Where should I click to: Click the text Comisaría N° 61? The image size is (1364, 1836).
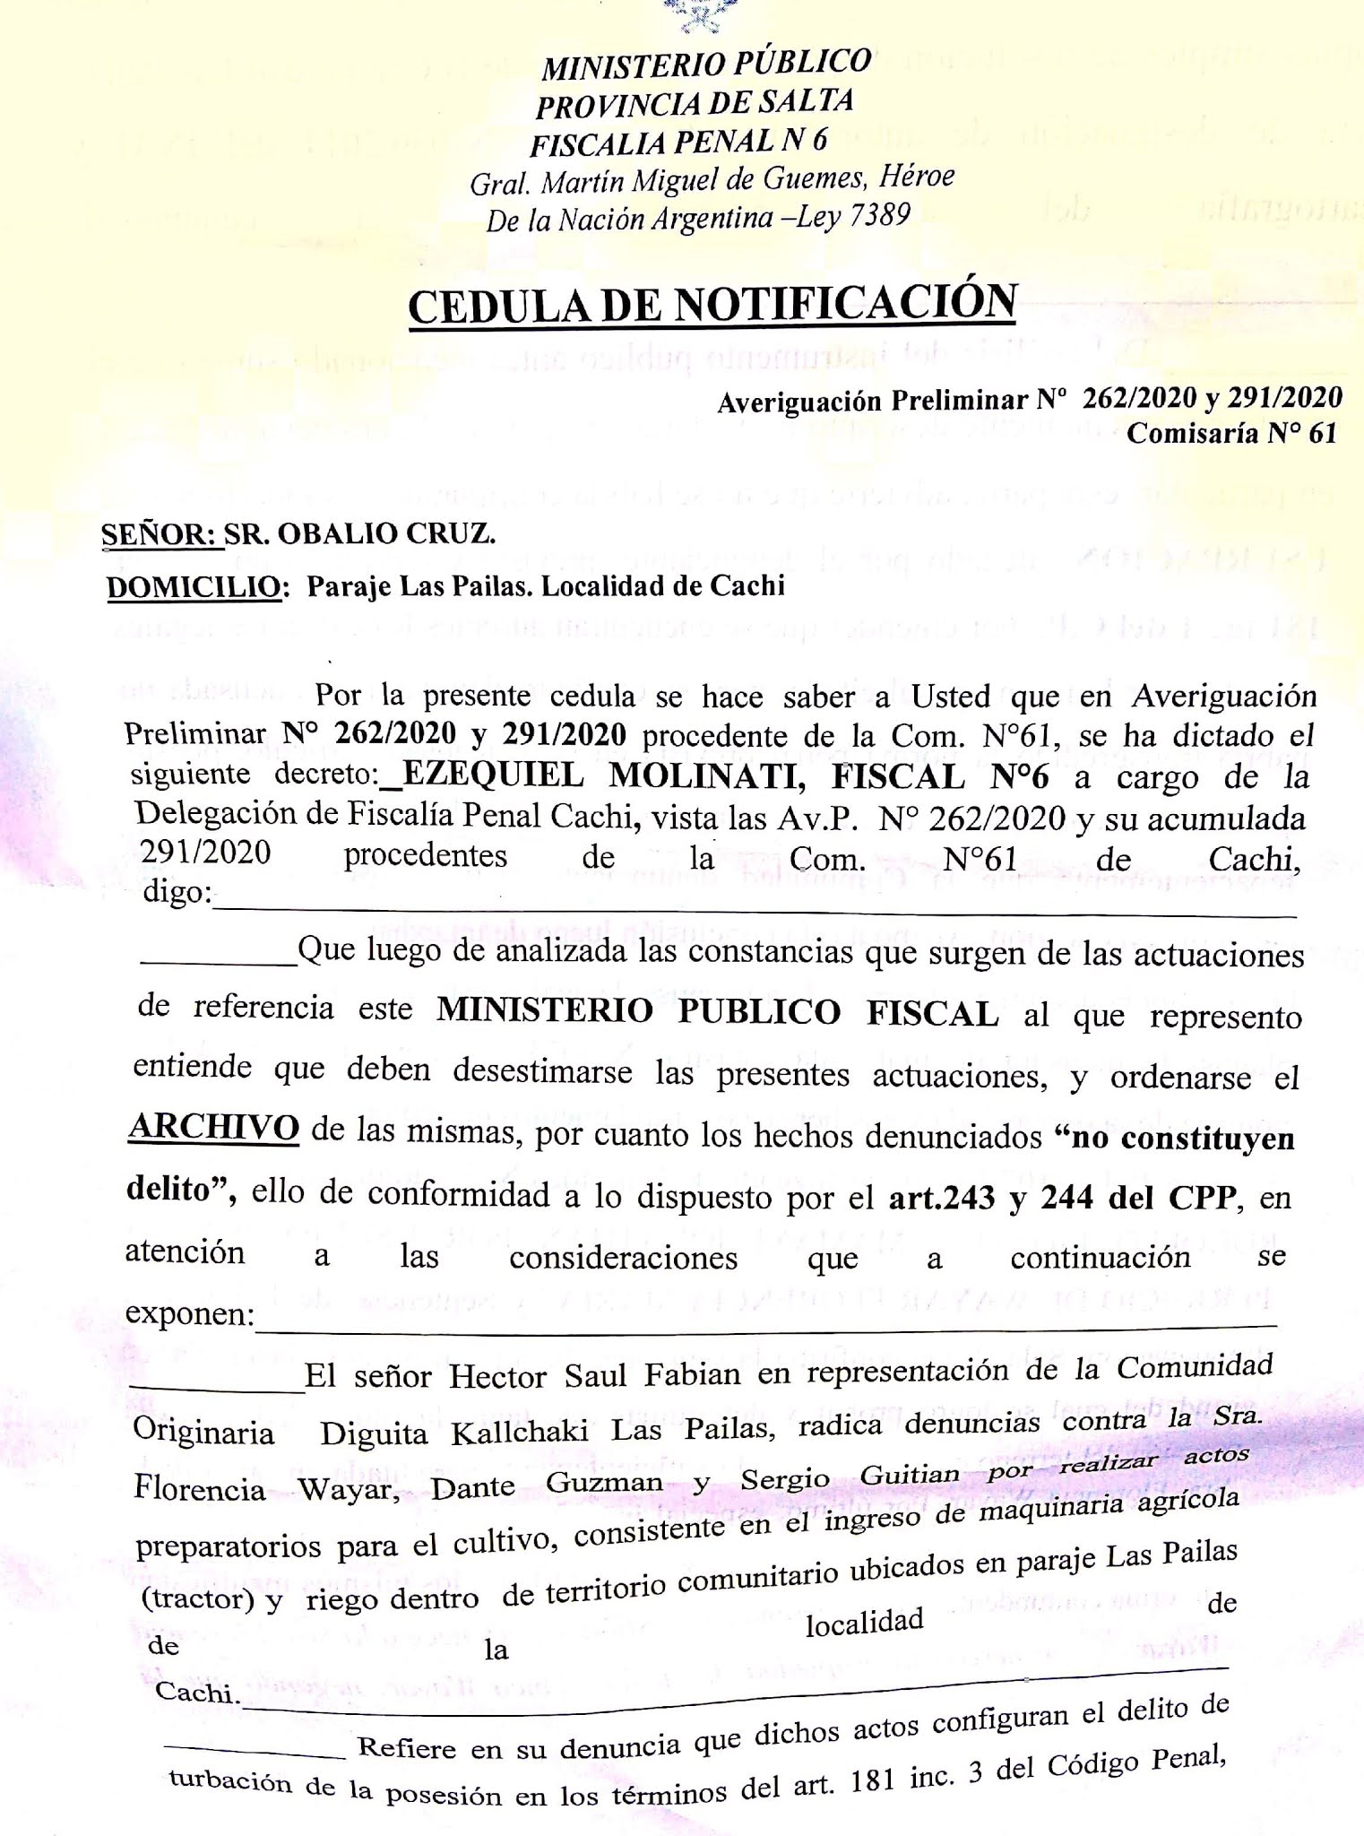[1231, 433]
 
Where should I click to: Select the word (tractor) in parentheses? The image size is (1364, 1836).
[197, 1600]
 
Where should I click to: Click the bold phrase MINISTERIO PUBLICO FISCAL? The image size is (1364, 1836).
[717, 1013]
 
